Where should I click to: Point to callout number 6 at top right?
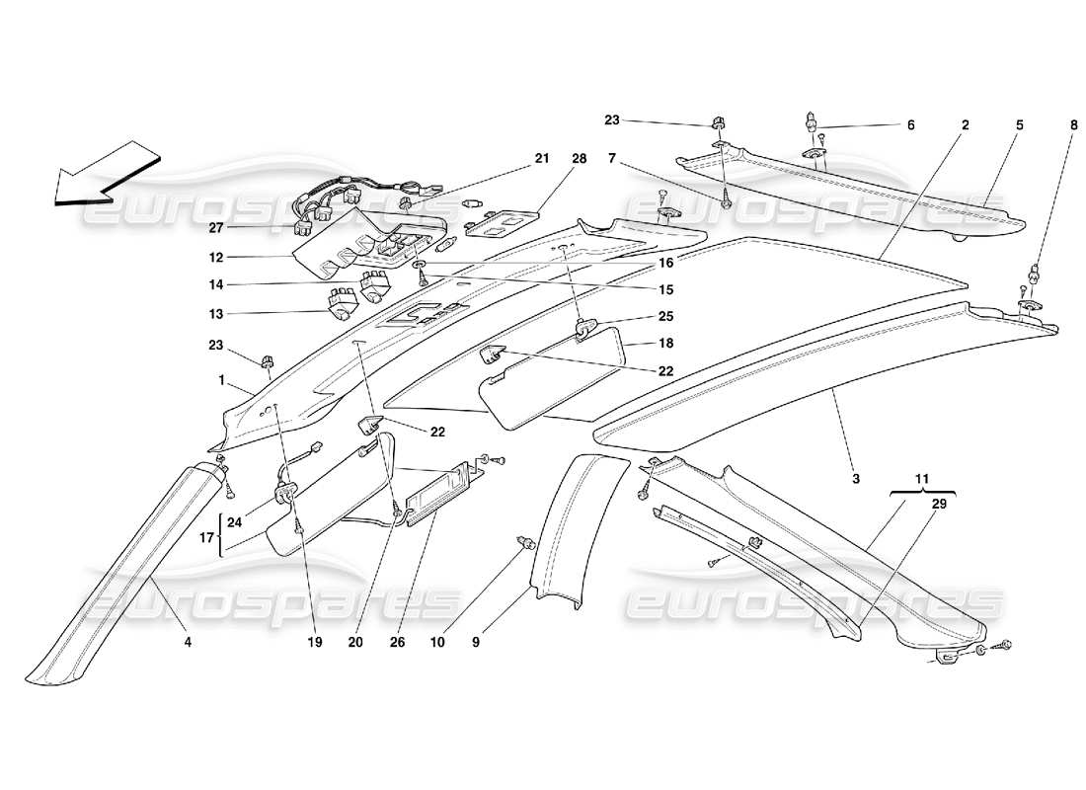tap(910, 125)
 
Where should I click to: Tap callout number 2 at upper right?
tap(965, 125)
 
